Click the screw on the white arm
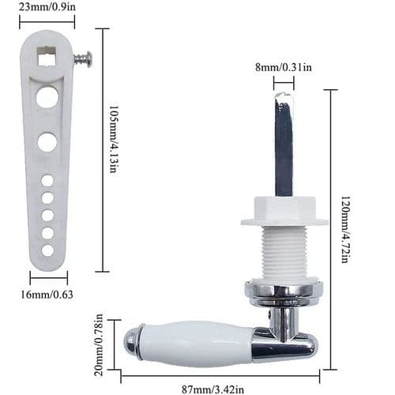click(82, 58)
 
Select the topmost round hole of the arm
click(47, 98)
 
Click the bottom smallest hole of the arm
click(47, 250)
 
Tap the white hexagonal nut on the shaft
click(284, 211)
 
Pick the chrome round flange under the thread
click(284, 290)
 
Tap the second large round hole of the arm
click(47, 142)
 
